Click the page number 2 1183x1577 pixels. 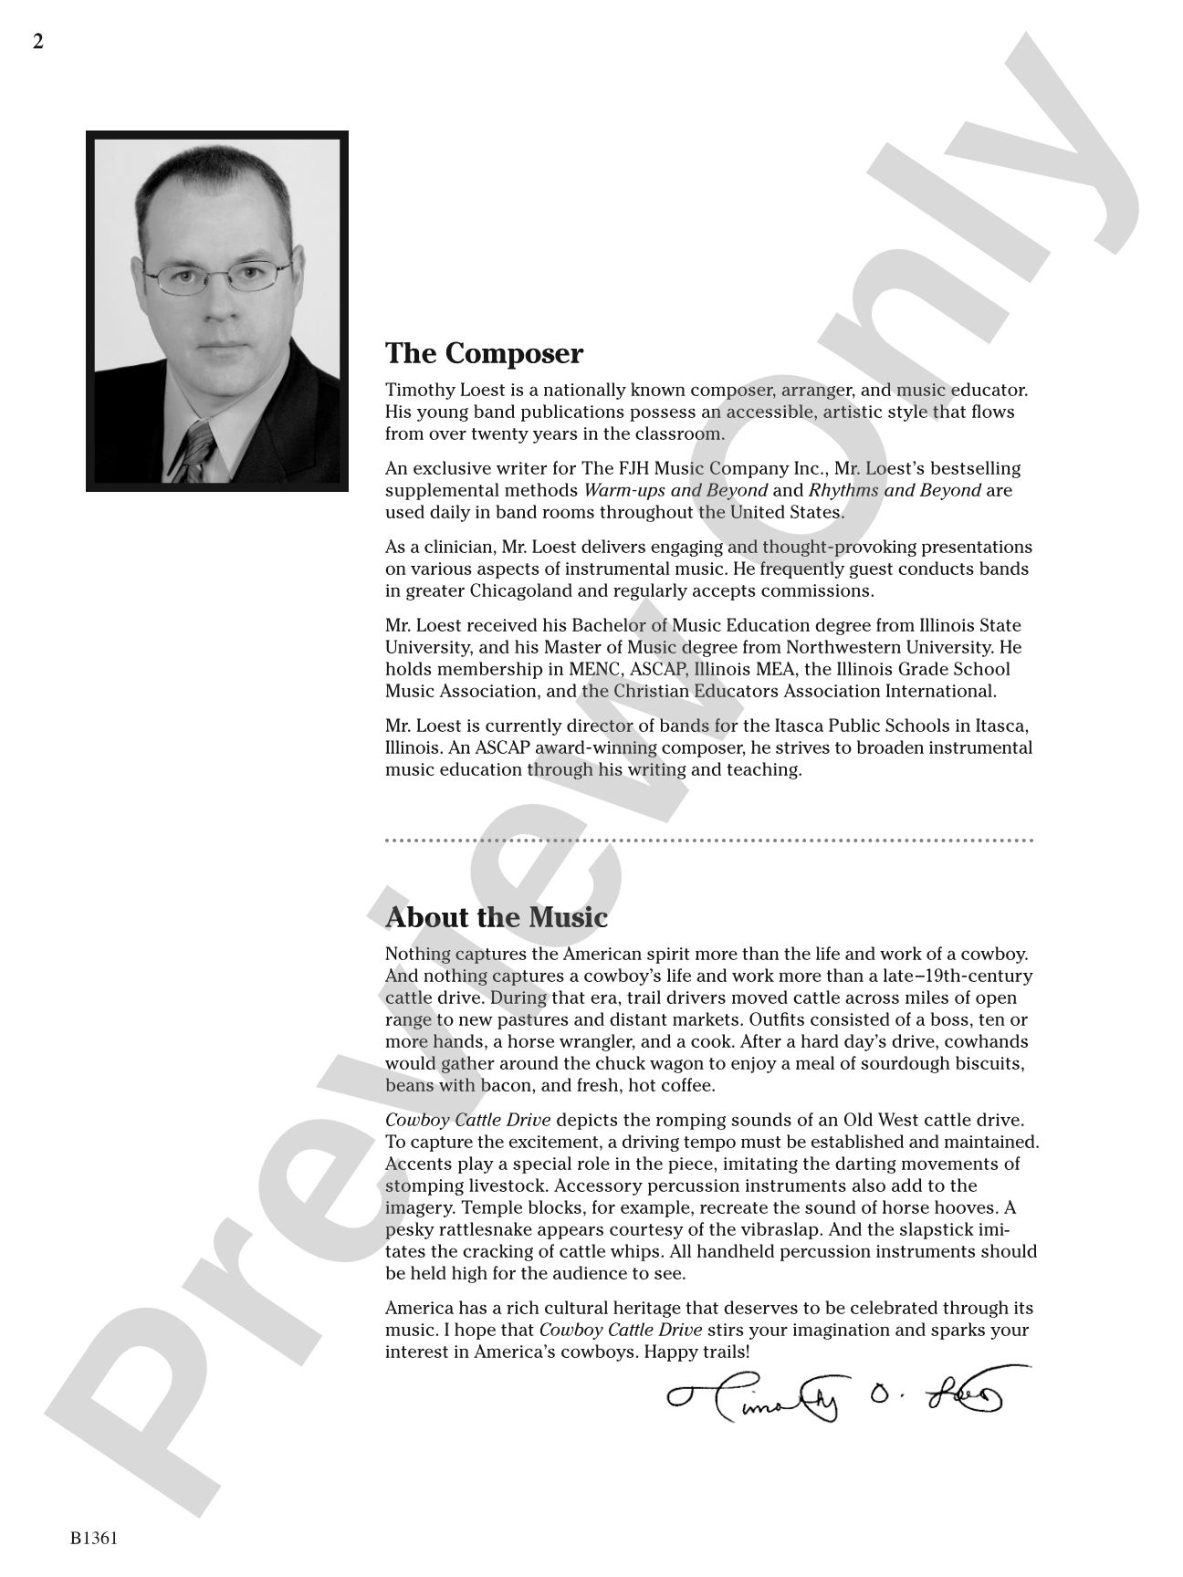click(38, 42)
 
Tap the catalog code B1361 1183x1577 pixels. click(94, 1539)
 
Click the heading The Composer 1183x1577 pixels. click(484, 353)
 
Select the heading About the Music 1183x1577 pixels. click(497, 917)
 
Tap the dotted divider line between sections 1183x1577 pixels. click(708, 840)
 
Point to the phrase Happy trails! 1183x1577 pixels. click(696, 1352)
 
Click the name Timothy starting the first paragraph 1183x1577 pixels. click(420, 391)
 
